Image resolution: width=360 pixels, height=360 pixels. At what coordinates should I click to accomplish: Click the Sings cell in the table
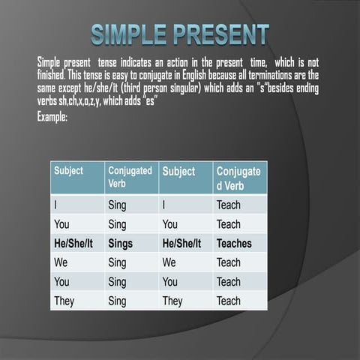click(x=120, y=244)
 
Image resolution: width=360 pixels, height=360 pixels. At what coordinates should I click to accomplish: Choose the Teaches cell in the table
click(x=234, y=244)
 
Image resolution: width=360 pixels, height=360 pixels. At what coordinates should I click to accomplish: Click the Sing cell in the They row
click(x=117, y=301)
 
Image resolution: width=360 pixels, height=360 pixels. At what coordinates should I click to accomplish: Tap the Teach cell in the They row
click(x=229, y=301)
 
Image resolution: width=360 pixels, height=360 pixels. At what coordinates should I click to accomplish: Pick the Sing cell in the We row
click(x=117, y=262)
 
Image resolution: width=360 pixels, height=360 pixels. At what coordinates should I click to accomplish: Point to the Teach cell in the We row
click(x=229, y=262)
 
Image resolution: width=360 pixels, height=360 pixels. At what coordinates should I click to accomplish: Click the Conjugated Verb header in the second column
click(x=130, y=177)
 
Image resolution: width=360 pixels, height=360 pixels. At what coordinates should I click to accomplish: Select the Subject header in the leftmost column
click(x=69, y=171)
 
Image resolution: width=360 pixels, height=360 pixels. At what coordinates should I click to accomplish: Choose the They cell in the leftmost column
click(x=64, y=301)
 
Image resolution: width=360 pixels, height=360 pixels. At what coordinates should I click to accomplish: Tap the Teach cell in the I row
click(x=229, y=204)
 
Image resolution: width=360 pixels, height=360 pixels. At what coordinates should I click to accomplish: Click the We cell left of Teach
click(x=169, y=262)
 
